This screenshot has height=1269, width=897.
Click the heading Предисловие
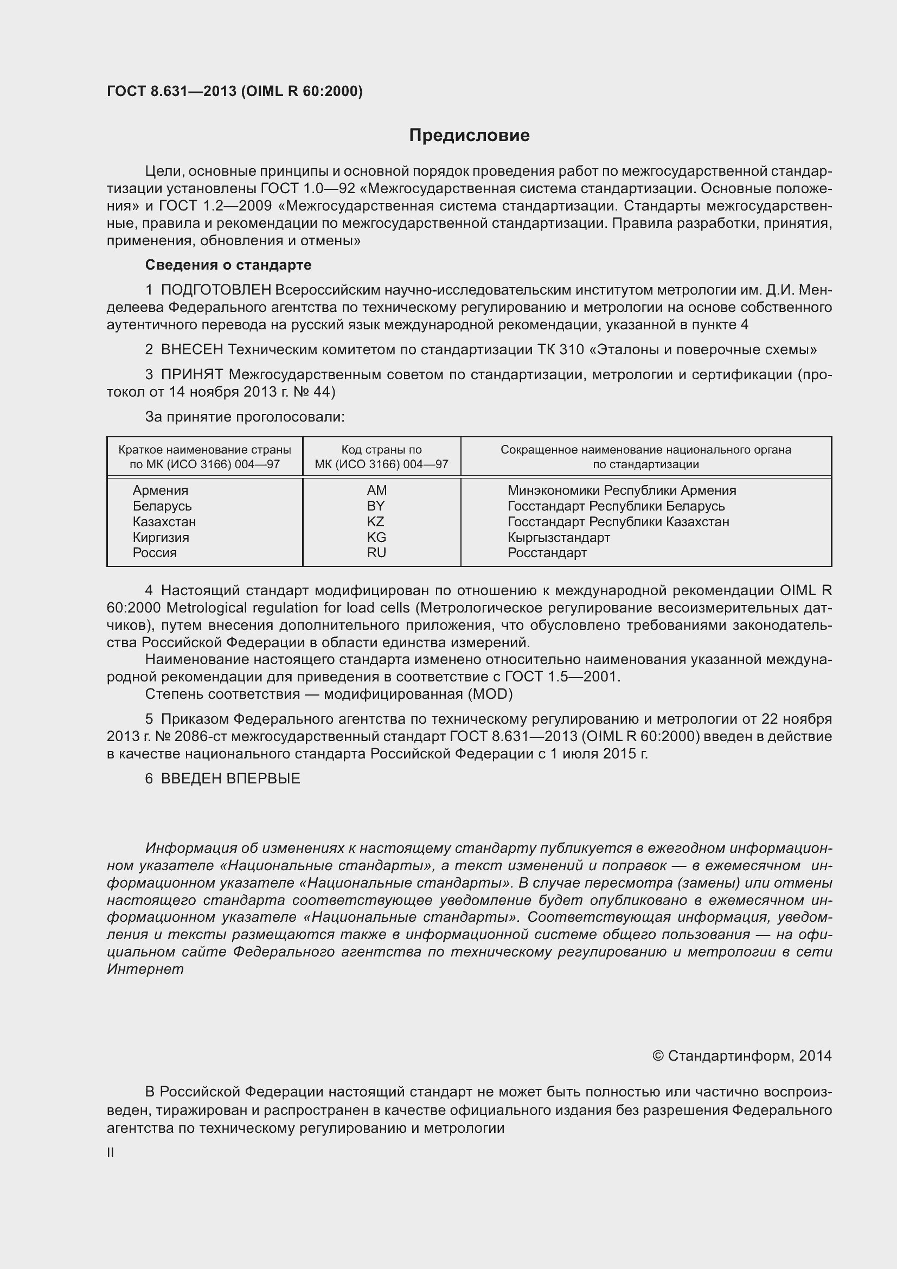[469, 136]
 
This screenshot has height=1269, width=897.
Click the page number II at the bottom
[111, 1152]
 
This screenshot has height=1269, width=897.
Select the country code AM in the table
[377, 490]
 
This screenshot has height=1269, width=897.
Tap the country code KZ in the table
[376, 522]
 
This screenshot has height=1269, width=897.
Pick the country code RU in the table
[376, 553]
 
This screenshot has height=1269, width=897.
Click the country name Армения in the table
[160, 490]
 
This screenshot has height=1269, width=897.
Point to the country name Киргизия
[160, 537]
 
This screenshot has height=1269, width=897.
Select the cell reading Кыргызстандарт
[559, 537]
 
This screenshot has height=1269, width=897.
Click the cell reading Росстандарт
[547, 553]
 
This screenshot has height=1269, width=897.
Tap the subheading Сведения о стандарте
[228, 265]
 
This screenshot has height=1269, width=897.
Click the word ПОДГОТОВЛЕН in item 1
[216, 290]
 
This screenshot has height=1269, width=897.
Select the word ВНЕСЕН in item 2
[192, 350]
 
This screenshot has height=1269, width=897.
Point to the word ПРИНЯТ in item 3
[191, 375]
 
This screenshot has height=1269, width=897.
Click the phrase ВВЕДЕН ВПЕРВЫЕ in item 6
[230, 779]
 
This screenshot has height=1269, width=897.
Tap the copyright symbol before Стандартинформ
[657, 1056]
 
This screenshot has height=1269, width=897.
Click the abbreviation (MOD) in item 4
[490, 694]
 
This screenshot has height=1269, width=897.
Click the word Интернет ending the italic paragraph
[145, 969]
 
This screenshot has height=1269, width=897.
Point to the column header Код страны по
[381, 450]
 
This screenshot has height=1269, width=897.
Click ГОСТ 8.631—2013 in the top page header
[172, 91]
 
